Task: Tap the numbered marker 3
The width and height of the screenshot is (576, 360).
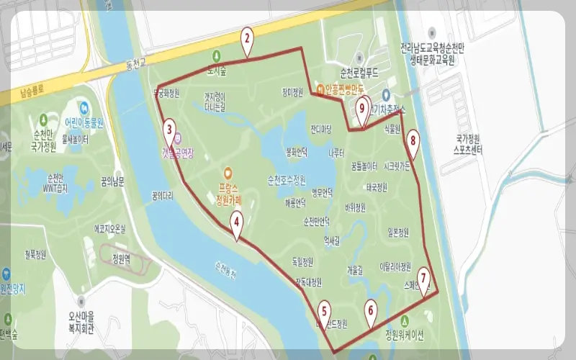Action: click(169, 130)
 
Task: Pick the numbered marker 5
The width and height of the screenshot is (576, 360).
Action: click(325, 311)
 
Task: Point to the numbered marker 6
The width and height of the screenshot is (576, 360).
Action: click(371, 310)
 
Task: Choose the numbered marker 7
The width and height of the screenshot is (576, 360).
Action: click(423, 277)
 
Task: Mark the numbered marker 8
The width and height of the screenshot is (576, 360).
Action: click(413, 140)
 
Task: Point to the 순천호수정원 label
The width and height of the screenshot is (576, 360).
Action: click(287, 179)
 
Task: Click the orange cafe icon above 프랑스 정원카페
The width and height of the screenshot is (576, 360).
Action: click(228, 173)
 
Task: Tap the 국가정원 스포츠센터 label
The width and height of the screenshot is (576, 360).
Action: click(472, 145)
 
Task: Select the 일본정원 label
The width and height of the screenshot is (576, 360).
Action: click(398, 233)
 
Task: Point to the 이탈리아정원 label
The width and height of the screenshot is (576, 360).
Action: click(395, 266)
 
